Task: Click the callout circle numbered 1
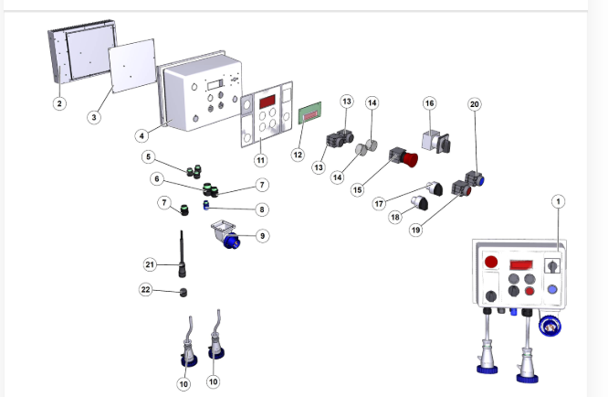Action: pyautogui.click(x=559, y=201)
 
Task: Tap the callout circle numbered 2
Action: pyautogui.click(x=58, y=103)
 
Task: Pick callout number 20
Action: pyautogui.click(x=474, y=104)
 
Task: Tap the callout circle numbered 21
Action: pyautogui.click(x=151, y=264)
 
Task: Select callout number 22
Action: pyautogui.click(x=145, y=290)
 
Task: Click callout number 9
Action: pyautogui.click(x=262, y=235)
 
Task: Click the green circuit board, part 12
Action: pyautogui.click(x=310, y=114)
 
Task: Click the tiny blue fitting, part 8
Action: pyautogui.click(x=207, y=208)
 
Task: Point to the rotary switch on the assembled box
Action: pyautogui.click(x=551, y=265)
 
